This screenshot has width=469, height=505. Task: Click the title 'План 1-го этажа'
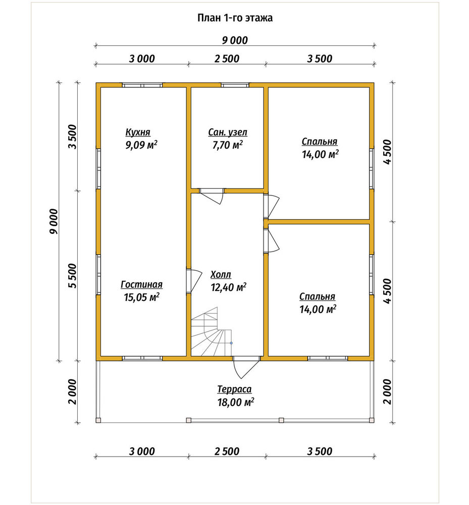coord(235,18)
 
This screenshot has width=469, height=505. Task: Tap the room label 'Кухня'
coord(138,132)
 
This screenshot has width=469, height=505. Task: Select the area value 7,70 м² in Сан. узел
coord(227,145)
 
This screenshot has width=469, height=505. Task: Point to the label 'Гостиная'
coord(142,284)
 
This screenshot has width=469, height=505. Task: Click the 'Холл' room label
coord(221,274)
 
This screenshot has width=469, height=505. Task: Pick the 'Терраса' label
coord(234,389)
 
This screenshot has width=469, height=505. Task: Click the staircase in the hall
coord(211,332)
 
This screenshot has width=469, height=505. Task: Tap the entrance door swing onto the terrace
coord(246,367)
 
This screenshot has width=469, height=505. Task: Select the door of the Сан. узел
coord(211,196)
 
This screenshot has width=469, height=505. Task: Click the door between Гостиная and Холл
coord(194,281)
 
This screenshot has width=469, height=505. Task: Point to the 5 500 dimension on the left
coord(73,276)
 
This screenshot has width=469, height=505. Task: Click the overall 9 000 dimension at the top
coord(235,40)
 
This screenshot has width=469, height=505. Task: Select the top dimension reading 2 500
coord(227,59)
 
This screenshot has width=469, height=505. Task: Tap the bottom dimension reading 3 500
coord(320,451)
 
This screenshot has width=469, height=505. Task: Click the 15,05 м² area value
coord(142,297)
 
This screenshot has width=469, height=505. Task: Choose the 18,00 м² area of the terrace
coord(236,402)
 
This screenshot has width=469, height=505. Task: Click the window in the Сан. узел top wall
coord(235,85)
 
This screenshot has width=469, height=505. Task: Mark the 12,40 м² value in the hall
coord(229,287)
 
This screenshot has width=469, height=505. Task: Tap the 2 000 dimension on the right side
coord(387,392)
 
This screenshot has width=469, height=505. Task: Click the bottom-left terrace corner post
coord(98,420)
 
